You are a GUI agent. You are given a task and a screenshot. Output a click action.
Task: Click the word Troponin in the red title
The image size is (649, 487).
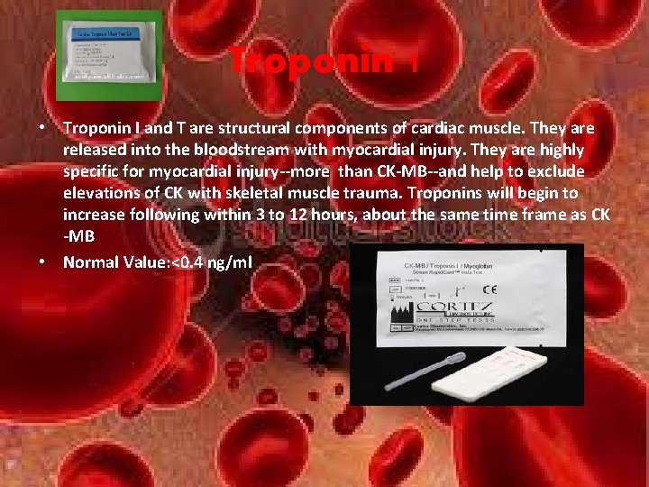click(x=311, y=62)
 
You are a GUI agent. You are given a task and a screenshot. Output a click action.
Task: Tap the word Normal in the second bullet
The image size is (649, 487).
click(x=91, y=262)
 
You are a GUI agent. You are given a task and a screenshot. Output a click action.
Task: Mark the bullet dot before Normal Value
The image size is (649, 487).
click(x=42, y=262)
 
